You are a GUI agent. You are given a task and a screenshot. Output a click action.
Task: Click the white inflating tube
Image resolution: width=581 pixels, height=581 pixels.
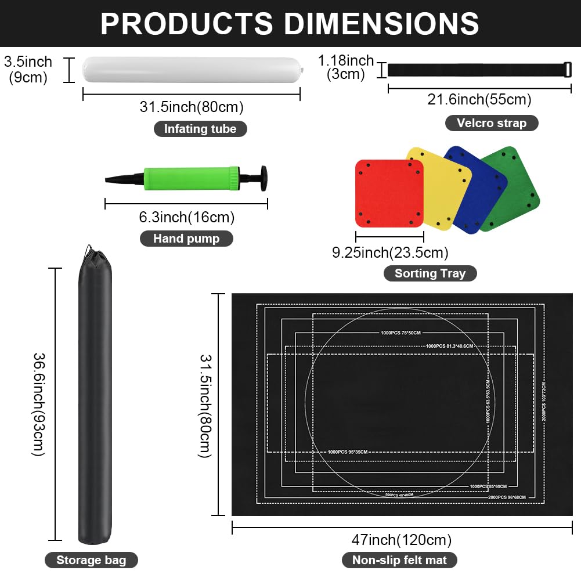192,70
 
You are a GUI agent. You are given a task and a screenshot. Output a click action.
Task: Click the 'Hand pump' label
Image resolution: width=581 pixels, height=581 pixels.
186,239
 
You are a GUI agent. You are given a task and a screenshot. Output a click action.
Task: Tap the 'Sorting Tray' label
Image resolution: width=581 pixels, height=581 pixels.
430,273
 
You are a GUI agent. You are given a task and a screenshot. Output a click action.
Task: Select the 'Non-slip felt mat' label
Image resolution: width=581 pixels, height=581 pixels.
399,560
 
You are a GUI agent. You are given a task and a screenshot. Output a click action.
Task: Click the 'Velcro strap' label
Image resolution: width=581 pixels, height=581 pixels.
491,123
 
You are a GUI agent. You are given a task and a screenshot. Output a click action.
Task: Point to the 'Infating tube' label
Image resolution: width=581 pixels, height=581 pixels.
200,129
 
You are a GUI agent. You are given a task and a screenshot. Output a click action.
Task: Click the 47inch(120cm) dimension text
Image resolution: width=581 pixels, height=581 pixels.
402,540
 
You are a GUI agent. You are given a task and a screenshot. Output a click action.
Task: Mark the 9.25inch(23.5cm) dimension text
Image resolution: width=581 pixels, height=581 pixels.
390,252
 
